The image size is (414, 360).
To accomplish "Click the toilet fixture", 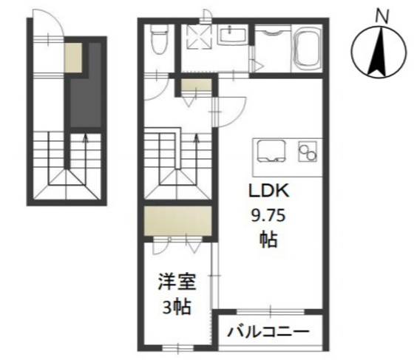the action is pos(160,39).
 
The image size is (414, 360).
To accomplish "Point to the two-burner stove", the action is pos(308,152).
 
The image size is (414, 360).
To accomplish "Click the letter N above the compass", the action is pos(382,17).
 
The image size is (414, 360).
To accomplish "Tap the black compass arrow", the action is pos(379,52).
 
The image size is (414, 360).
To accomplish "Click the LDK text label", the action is pos(269,191).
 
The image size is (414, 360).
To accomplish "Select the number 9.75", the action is pos(268,217).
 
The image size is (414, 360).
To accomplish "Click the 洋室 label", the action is pos(177,282).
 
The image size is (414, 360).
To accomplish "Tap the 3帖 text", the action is pos(177,308).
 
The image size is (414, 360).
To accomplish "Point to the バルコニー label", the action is pos(268,331).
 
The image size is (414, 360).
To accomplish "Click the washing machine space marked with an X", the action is pos(199,37).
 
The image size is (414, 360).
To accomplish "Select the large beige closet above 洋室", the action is pos(178,221).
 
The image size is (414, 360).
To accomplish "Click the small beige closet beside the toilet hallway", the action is pos(196,85).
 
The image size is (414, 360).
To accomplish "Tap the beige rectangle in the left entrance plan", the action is pos(74,57).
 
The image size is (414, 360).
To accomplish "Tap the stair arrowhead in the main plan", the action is pos(196,137).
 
